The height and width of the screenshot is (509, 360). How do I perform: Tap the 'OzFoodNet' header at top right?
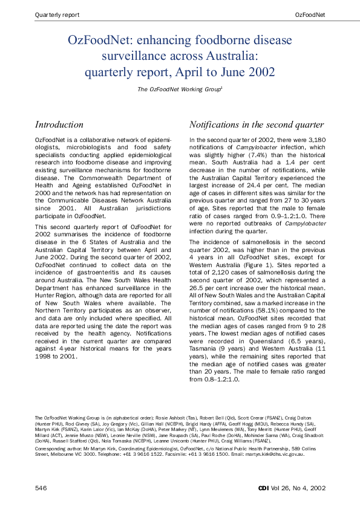click(x=310, y=14)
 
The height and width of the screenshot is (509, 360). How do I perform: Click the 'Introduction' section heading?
click(x=59, y=125)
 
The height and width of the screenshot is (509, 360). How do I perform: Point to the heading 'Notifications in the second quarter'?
click(x=257, y=125)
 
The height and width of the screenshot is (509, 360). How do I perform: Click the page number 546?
click(x=41, y=487)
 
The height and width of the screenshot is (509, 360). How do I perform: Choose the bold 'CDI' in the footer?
click(x=263, y=487)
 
